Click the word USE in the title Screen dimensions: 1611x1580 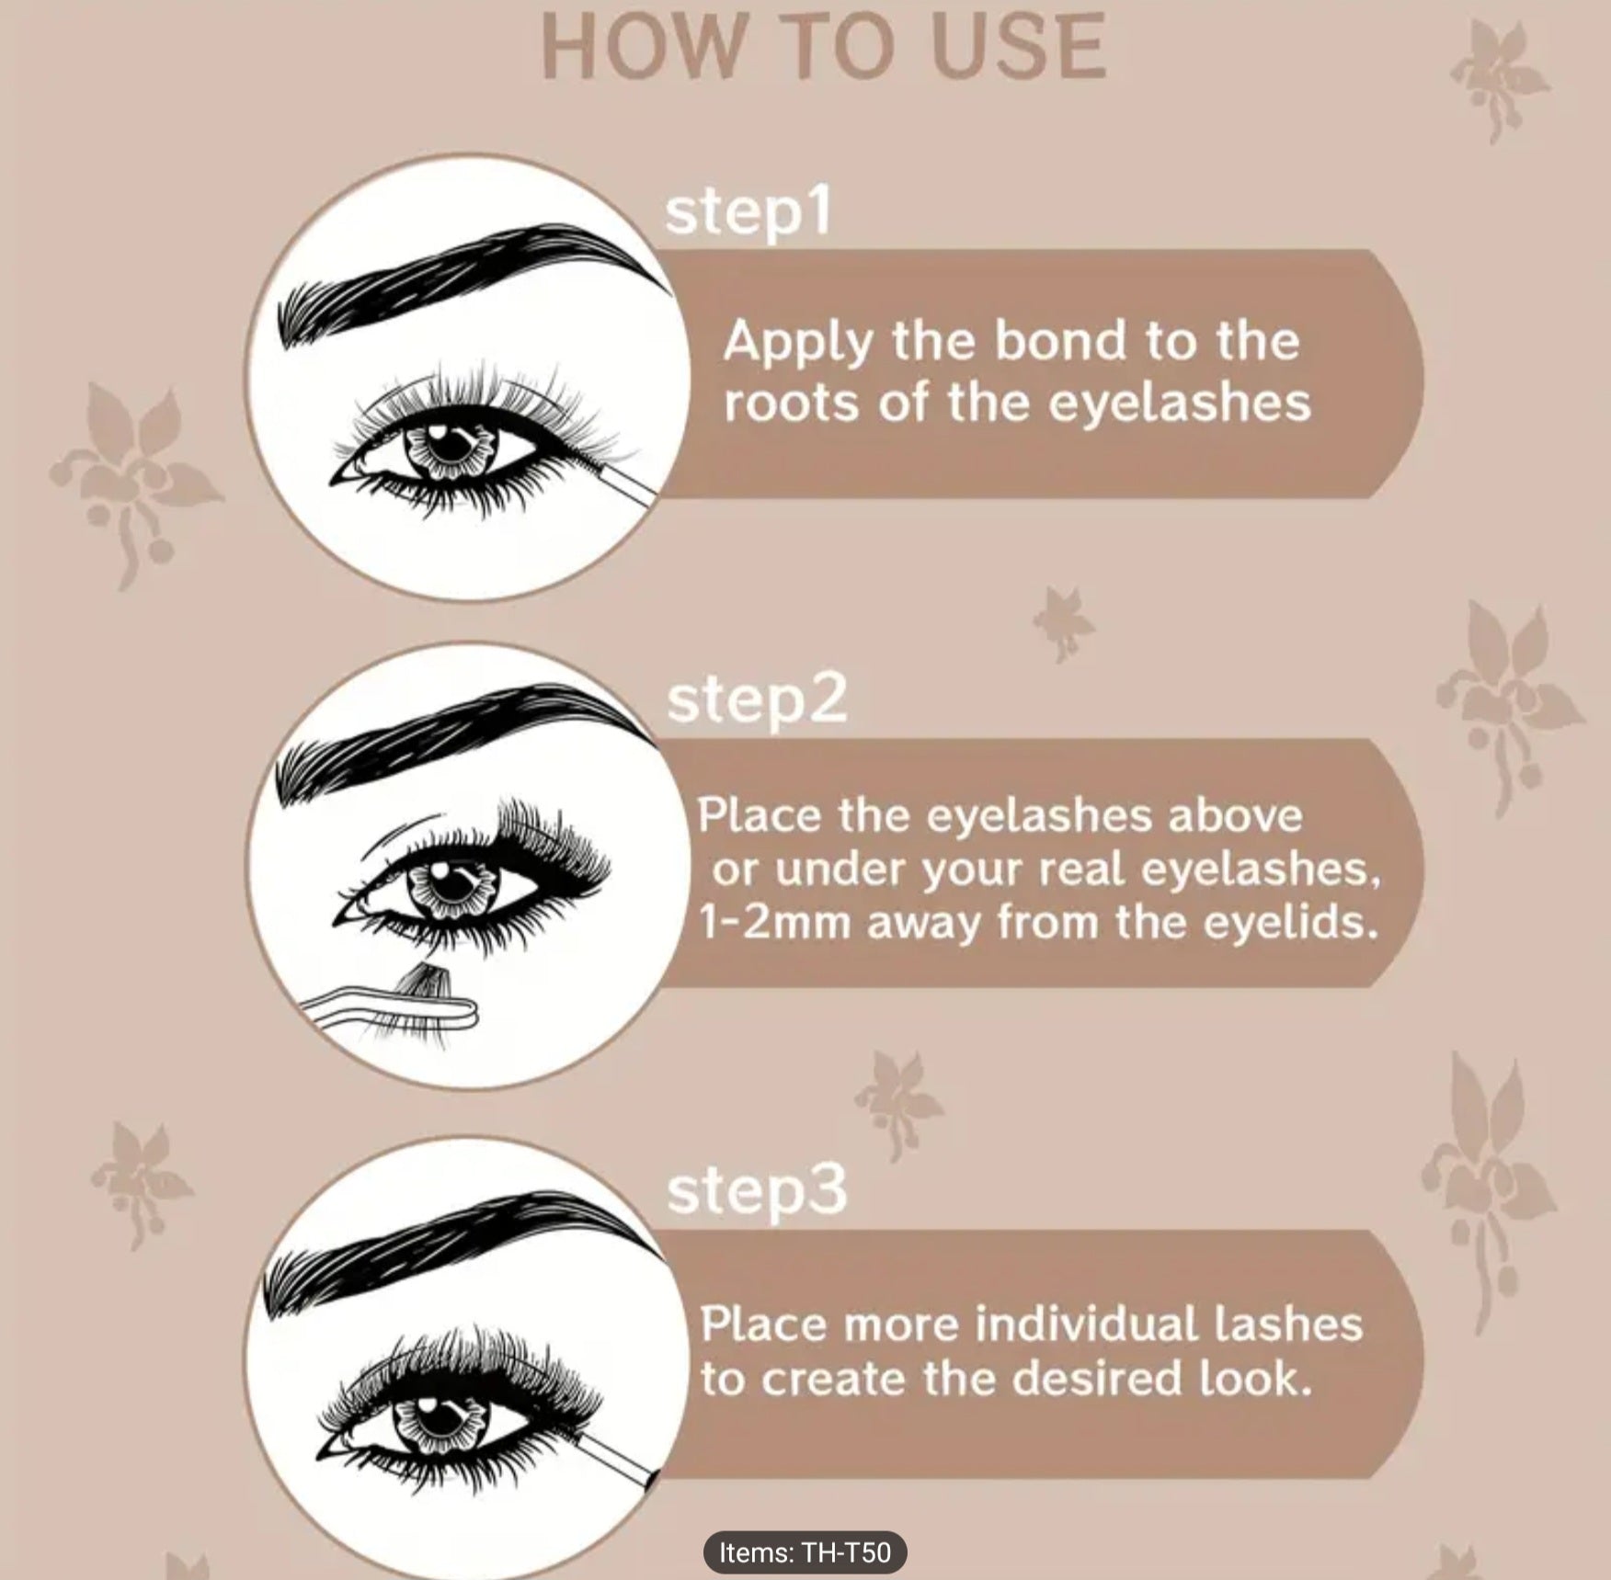coord(1019,48)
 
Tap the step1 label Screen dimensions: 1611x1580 coord(748,213)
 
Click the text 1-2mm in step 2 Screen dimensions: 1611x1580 coord(774,923)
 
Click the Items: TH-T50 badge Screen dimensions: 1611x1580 coord(805,1552)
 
